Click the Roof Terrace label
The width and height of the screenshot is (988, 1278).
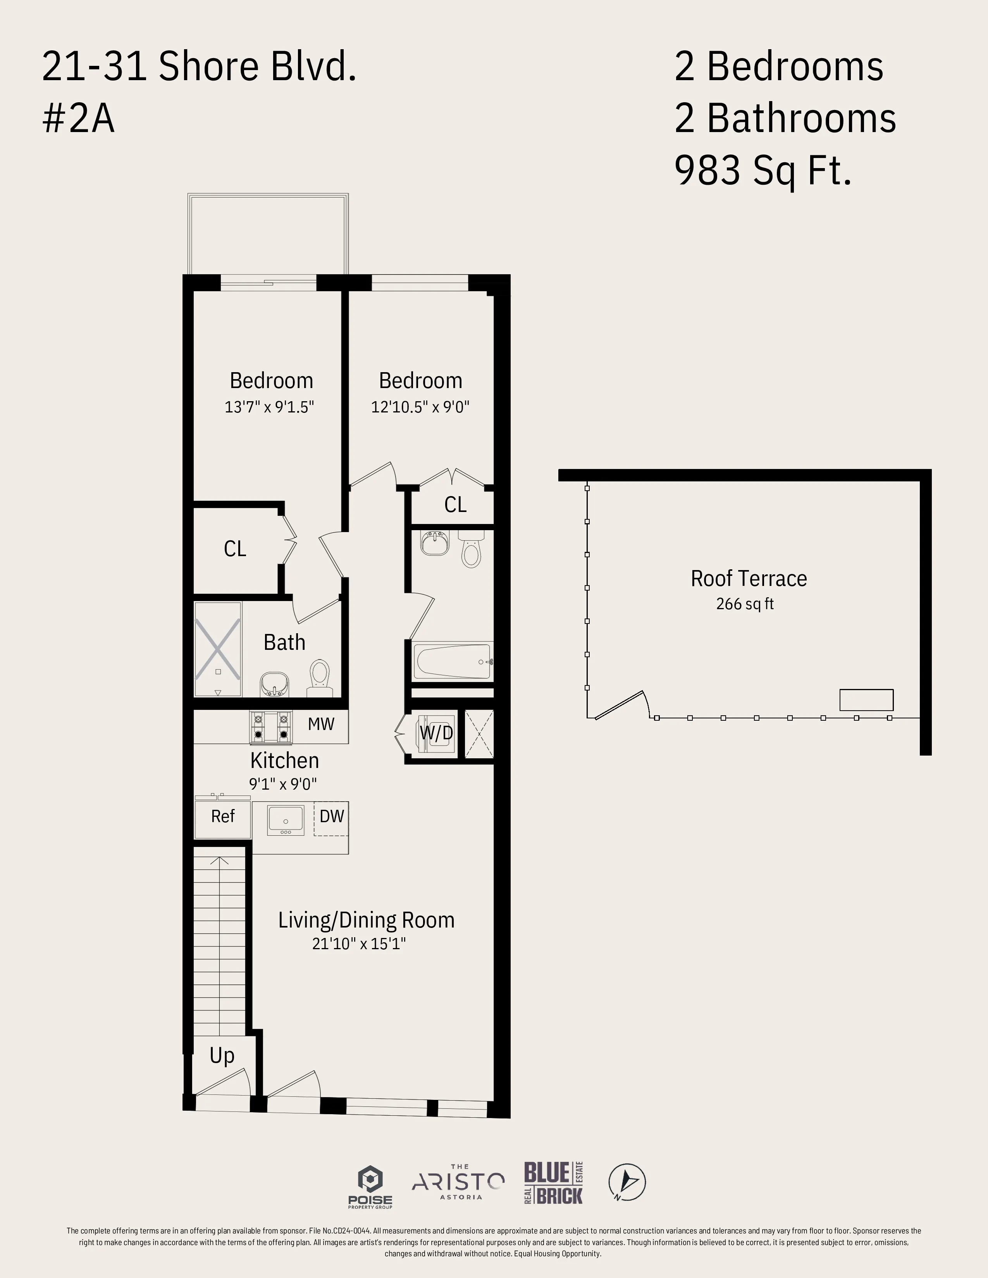tap(748, 579)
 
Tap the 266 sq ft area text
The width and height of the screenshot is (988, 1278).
tap(745, 604)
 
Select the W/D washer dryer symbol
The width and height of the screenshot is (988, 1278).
tap(436, 733)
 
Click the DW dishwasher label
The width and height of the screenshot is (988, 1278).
tap(331, 816)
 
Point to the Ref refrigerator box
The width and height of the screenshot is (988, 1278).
tap(222, 817)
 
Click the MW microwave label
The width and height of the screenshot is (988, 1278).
tap(321, 725)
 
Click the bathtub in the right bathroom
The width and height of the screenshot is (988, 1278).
tap(452, 662)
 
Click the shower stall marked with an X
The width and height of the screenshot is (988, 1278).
tap(218, 649)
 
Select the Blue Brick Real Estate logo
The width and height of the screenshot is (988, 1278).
tap(553, 1183)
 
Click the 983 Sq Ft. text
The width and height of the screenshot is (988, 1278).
tap(763, 170)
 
